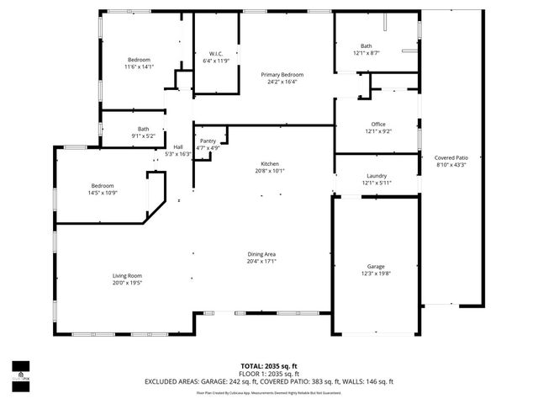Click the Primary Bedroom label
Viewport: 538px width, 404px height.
[x=282, y=75]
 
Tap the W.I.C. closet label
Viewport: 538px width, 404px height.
[x=215, y=54]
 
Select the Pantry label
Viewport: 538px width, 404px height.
[x=208, y=141]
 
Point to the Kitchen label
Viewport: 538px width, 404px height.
[x=269, y=163]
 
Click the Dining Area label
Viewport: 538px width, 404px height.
[x=261, y=254]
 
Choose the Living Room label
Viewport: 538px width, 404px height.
[x=128, y=276]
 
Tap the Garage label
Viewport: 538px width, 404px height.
[x=376, y=266]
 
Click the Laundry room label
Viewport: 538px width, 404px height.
[x=377, y=176]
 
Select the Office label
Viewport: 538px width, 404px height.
[x=377, y=124]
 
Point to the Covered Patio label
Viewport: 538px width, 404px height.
[x=451, y=157]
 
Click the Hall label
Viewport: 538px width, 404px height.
[x=178, y=146]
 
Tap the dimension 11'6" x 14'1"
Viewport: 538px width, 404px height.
[x=139, y=66]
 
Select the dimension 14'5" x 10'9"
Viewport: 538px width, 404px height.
[x=103, y=193]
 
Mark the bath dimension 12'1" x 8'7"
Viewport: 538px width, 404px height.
[x=366, y=53]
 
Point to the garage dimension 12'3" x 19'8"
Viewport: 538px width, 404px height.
[x=376, y=273]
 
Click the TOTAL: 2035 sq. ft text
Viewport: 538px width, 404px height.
[x=269, y=366]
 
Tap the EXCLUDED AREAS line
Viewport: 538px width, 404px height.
[x=269, y=381]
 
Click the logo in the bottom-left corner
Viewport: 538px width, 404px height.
[x=20, y=371]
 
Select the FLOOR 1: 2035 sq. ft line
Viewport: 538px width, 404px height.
[x=269, y=374]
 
